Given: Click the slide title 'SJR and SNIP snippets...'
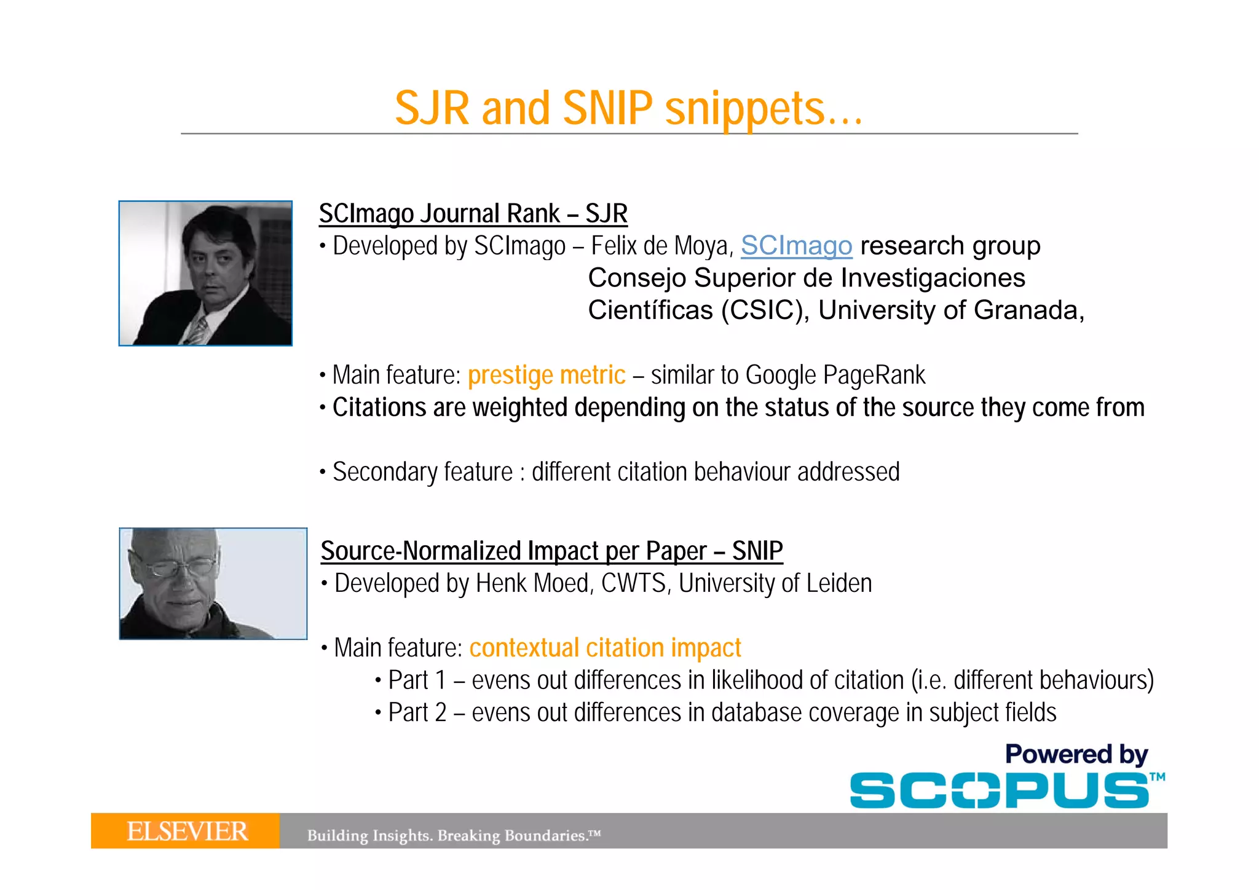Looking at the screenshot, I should (628, 108).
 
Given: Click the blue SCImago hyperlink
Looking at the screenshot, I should (796, 246).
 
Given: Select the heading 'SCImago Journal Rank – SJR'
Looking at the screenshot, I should (473, 213).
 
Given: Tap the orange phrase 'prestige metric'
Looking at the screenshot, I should (546, 375).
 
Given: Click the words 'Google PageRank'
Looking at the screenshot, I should (835, 375).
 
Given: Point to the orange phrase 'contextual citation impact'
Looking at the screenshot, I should (605, 648).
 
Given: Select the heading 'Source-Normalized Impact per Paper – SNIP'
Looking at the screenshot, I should (551, 551).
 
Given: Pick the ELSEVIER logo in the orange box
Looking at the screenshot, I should (187, 831).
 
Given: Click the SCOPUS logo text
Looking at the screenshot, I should (999, 790).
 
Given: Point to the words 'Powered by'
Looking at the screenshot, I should (1076, 754).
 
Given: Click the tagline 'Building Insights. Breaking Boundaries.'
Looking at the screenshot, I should (453, 835).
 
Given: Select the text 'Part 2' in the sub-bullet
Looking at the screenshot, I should (417, 713).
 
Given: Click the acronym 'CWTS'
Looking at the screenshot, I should (634, 583).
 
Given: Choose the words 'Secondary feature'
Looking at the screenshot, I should (422, 472).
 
